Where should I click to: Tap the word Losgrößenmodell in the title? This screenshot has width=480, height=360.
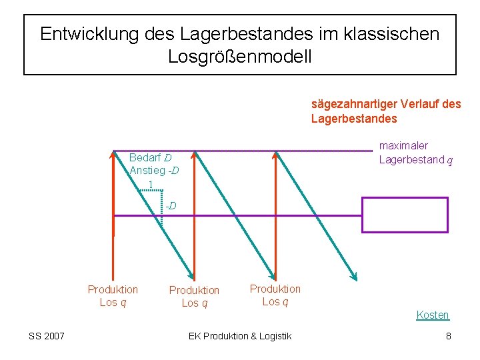click(x=239, y=57)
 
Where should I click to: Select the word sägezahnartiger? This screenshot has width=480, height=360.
click(x=354, y=105)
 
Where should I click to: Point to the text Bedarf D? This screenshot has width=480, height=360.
click(x=150, y=159)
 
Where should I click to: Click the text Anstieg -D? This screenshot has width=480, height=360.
click(x=153, y=171)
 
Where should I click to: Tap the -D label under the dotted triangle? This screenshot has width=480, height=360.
click(x=171, y=205)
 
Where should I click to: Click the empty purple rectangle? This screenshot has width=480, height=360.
click(x=405, y=215)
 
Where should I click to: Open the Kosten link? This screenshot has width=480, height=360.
click(x=433, y=315)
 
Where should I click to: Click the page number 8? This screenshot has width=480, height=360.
click(x=449, y=336)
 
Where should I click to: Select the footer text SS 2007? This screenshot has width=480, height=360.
click(x=47, y=336)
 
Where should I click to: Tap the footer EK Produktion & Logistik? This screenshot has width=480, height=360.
click(x=240, y=336)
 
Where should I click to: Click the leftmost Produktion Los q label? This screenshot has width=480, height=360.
click(x=113, y=296)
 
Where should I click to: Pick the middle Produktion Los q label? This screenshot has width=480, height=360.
click(x=194, y=297)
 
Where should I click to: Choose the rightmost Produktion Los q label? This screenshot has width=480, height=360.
click(x=275, y=295)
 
